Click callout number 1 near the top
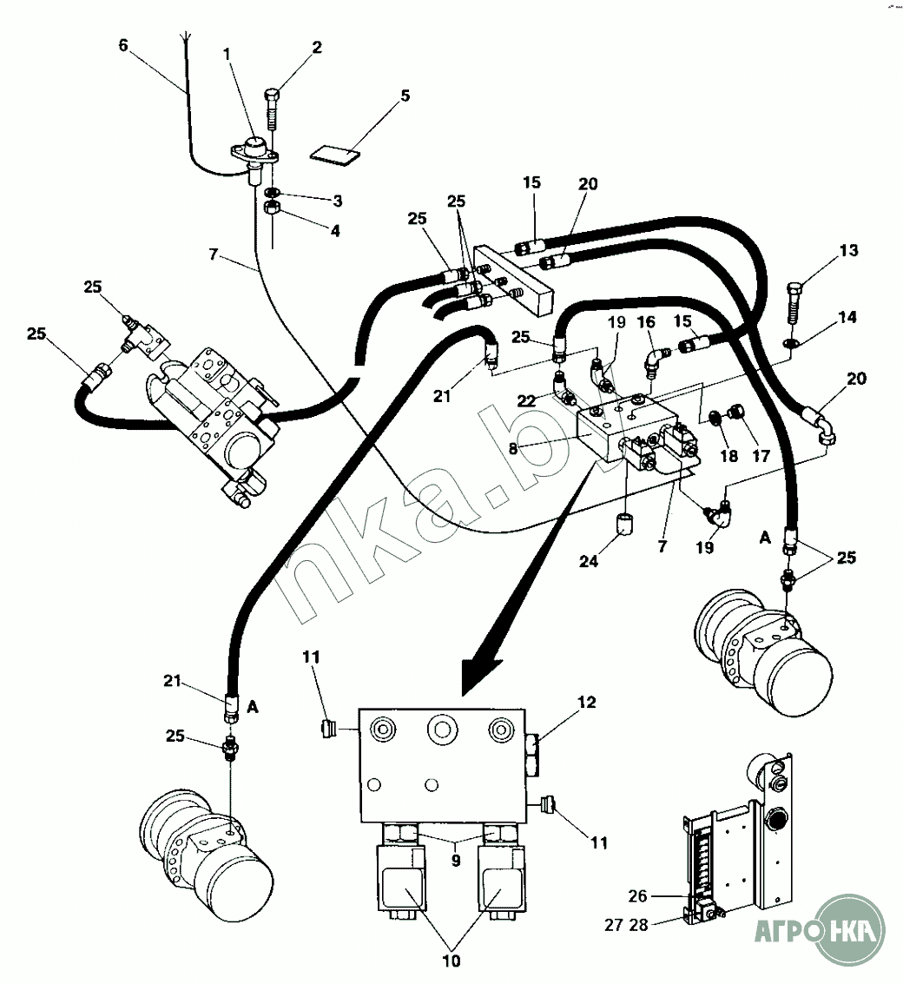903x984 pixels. (x=227, y=54)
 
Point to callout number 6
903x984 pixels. (x=123, y=46)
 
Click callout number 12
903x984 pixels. (x=587, y=703)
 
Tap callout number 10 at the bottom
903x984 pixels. (x=452, y=961)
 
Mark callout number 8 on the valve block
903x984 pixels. (x=514, y=449)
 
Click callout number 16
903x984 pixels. (x=646, y=322)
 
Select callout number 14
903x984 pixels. (x=847, y=318)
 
